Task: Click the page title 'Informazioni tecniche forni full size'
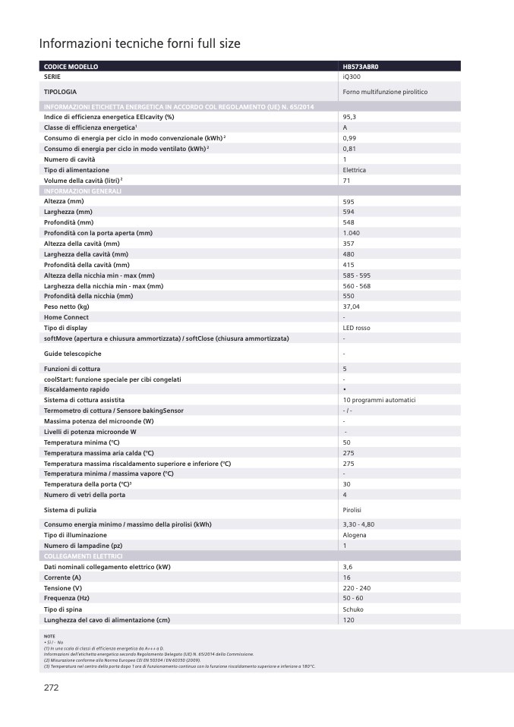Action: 140,44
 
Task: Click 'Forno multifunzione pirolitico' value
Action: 385,92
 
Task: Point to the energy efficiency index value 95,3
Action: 349,117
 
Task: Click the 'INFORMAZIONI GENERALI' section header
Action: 83,190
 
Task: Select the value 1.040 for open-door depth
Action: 351,232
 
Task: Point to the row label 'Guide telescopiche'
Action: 72,354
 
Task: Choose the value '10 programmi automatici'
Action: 379,400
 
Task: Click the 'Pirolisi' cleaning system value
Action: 354,510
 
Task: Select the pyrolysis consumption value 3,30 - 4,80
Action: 358,524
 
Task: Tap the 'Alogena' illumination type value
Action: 355,535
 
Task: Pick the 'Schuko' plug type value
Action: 353,609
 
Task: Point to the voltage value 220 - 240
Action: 356,588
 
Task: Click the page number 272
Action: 50,688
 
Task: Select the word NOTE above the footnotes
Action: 49,636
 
